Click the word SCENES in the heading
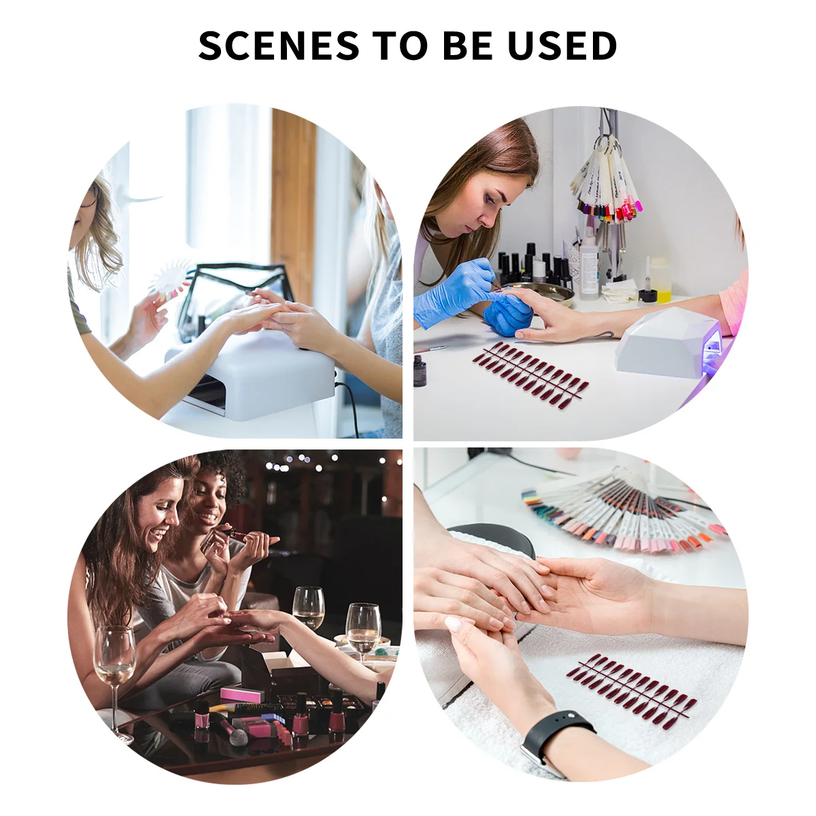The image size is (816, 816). (279, 46)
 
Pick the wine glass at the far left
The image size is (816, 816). (114, 663)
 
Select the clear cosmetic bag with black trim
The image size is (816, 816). (231, 299)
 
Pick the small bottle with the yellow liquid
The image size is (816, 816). (660, 279)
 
